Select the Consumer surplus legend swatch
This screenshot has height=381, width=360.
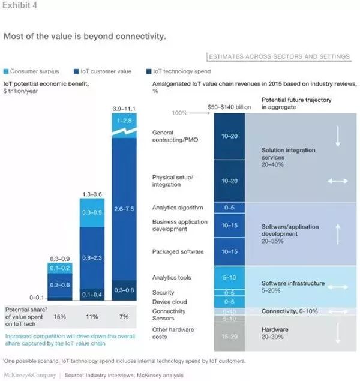tap(6, 71)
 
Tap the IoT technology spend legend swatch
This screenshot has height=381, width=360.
tap(148, 71)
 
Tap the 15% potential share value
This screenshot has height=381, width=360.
tap(60, 316)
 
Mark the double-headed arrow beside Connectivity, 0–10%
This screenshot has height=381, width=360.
tap(337, 311)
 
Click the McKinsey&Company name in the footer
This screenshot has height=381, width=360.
tap(29, 374)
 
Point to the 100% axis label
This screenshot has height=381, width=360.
tap(180, 113)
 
